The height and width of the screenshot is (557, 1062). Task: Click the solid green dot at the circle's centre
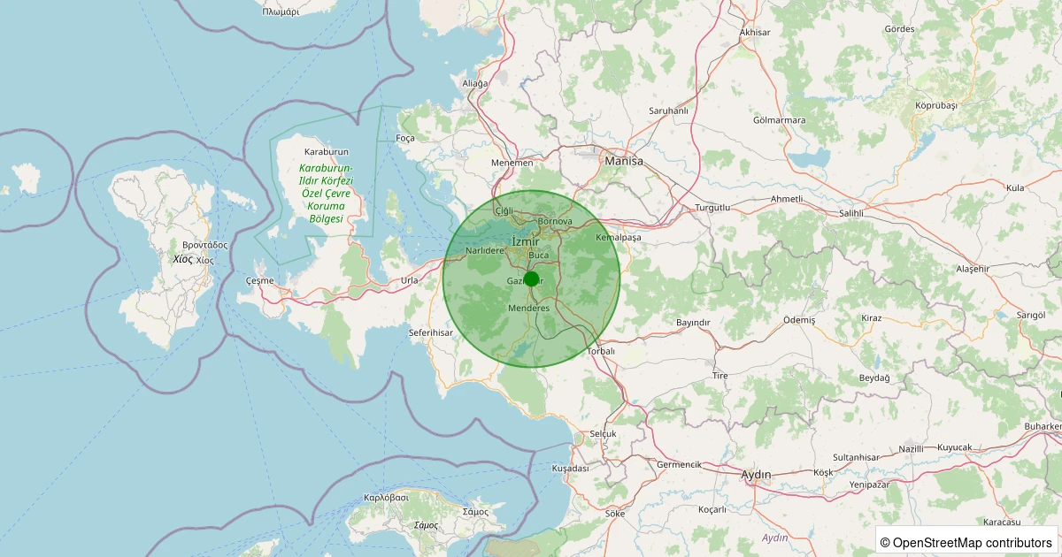coord(531,279)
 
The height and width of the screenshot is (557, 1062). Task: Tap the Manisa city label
coord(623,162)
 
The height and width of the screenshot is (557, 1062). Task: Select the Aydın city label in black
coord(756,475)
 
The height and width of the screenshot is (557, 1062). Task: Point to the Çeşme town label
coord(259,280)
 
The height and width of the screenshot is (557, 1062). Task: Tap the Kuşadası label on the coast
coord(570,468)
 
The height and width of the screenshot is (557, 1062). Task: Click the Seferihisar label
coord(431,332)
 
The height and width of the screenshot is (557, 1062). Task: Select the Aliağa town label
coord(475,83)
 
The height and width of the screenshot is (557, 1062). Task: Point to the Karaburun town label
coord(326,152)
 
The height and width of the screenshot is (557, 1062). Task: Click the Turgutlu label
coord(712,207)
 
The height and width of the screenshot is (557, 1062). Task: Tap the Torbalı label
coord(601,351)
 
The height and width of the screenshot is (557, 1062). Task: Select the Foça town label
coord(405,139)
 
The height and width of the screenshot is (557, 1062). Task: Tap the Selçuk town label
coord(603,434)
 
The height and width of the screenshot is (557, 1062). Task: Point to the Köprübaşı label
coord(936,105)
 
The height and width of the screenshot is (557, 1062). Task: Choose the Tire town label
coord(720,376)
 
